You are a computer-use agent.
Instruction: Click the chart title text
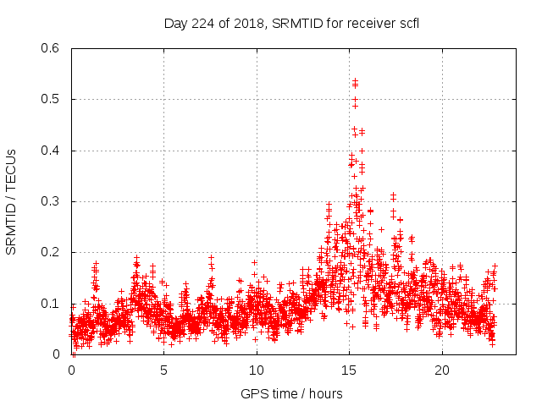point(291,23)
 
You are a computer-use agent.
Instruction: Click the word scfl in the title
point(408,23)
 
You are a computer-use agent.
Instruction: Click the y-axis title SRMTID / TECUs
point(12,201)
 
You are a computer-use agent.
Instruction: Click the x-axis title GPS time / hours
point(291,393)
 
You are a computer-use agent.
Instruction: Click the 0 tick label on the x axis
point(71,370)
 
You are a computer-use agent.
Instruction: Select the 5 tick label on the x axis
point(164,370)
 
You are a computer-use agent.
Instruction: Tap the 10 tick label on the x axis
point(257,370)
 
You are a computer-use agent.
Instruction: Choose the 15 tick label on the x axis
point(349,370)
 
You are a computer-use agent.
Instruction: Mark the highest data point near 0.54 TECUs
point(355,80)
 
